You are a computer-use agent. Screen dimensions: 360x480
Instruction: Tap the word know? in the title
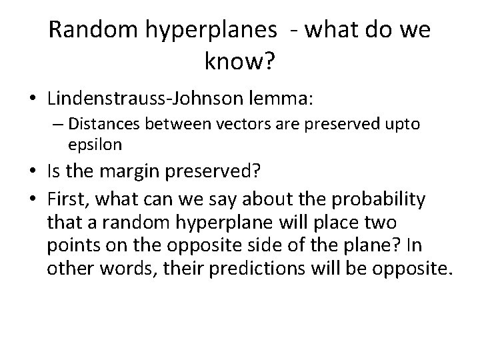click(239, 63)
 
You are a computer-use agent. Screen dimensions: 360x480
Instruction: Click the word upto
click(402, 125)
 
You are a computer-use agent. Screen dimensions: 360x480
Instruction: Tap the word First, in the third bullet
click(68, 199)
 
